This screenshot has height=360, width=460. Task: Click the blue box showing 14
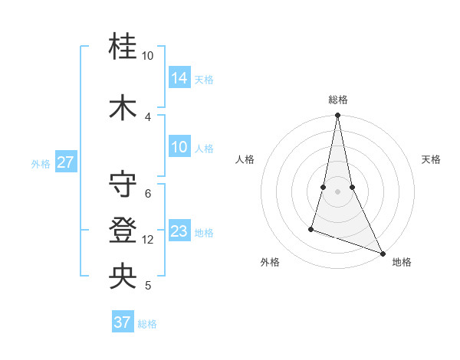click(x=179, y=77)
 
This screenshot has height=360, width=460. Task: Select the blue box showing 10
click(x=179, y=147)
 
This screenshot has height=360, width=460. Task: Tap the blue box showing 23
click(x=179, y=231)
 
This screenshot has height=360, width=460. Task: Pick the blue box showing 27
click(x=66, y=163)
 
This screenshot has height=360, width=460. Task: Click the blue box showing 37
click(x=123, y=322)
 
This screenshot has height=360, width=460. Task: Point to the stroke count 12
click(x=148, y=240)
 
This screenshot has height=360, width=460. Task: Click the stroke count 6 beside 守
click(x=148, y=193)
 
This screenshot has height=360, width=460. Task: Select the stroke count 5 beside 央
click(x=148, y=286)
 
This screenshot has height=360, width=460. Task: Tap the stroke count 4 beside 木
click(x=148, y=116)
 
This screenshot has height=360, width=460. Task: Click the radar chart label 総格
click(x=338, y=100)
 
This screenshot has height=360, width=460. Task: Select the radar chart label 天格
click(x=431, y=159)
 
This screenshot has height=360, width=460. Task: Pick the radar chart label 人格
click(x=245, y=159)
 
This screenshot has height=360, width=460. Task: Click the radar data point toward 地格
click(x=383, y=254)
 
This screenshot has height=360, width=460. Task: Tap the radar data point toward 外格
click(x=311, y=228)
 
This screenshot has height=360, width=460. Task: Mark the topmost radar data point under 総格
click(x=337, y=116)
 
